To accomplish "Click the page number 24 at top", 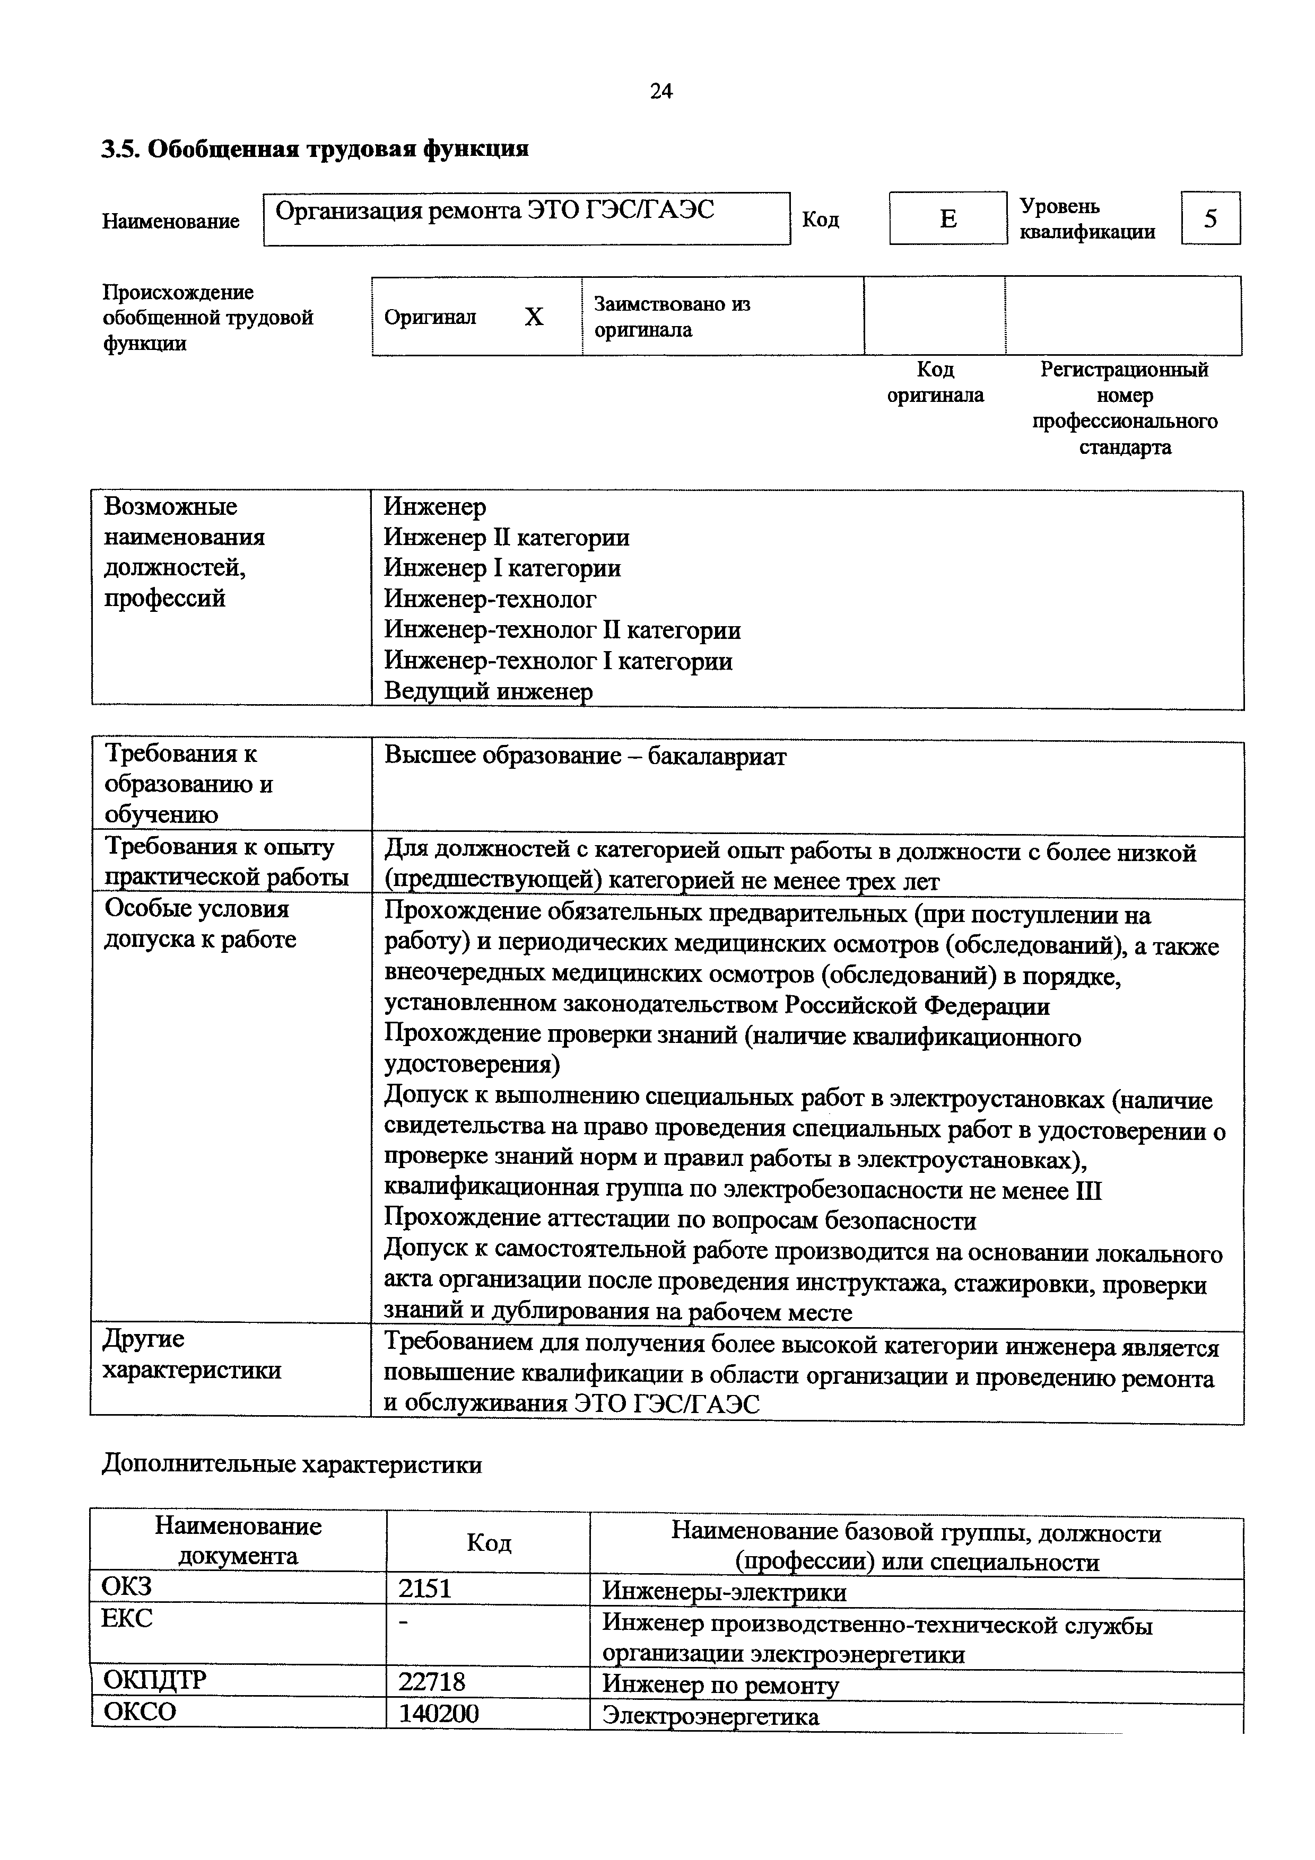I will click(x=661, y=92).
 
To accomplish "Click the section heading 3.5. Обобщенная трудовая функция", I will click(x=315, y=149).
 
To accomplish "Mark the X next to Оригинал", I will click(x=533, y=317).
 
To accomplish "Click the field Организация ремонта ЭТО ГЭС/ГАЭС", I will click(x=527, y=218).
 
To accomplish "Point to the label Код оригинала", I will click(x=935, y=382).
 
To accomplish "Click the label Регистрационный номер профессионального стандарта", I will click(x=1124, y=408).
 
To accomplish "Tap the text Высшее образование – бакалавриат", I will click(x=585, y=756).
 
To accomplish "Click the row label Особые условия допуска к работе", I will click(x=200, y=924).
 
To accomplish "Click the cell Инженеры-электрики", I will click(x=724, y=1592).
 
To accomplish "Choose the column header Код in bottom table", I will click(x=489, y=1542).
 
